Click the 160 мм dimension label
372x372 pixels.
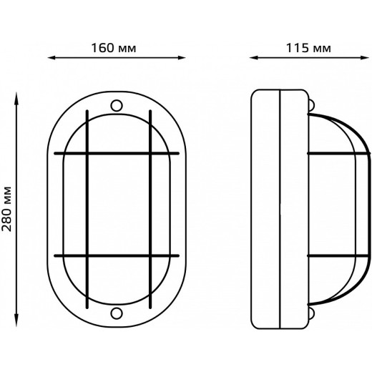114,48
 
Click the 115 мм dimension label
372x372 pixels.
308,48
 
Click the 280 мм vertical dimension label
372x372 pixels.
6,209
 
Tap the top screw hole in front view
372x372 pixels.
117,105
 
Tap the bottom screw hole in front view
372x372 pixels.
117,313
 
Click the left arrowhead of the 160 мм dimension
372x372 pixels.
52,58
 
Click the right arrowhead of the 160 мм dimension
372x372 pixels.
182,58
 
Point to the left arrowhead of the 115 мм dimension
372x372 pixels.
253,58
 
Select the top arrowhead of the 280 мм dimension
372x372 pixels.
16,96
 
